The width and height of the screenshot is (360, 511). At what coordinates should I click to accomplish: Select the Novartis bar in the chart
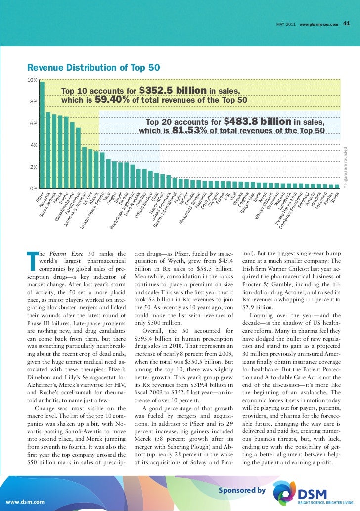coord(48,150)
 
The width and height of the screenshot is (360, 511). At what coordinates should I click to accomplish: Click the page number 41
coord(347,23)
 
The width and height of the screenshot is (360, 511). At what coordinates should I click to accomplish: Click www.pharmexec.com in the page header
coord(318,24)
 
